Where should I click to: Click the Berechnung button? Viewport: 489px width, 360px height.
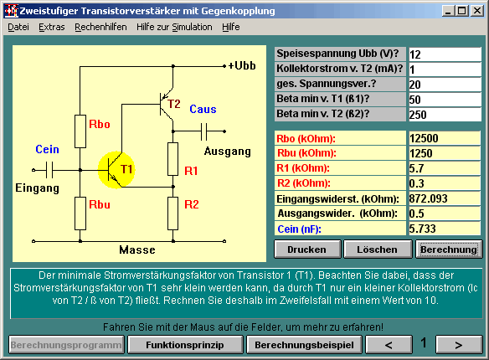(449, 249)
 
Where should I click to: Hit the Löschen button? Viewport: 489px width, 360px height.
(378, 249)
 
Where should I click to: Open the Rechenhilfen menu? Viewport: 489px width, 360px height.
(100, 27)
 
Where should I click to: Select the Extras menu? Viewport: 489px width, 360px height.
(52, 27)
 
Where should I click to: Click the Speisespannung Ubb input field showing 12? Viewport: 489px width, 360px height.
(445, 54)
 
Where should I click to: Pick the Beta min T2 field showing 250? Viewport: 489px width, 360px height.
(445, 115)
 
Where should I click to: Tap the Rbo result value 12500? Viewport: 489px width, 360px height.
(445, 138)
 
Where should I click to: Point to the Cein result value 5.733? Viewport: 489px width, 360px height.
(445, 229)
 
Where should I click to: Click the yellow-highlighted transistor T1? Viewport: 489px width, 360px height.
(116, 170)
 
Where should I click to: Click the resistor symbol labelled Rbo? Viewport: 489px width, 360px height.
(80, 131)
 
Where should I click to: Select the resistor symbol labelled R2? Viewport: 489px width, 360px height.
(173, 213)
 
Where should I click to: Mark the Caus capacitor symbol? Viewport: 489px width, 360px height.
(203, 131)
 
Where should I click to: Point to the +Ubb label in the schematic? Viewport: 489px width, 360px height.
(242, 66)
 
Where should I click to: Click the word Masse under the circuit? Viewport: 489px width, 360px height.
(137, 249)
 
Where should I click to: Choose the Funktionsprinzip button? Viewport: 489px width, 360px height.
(185, 345)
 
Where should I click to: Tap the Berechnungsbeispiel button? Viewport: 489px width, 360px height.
(304, 345)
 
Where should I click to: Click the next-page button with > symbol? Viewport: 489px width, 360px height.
(459, 345)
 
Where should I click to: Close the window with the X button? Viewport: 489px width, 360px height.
(477, 11)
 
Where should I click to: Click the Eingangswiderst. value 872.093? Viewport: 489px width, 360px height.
(445, 198)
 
